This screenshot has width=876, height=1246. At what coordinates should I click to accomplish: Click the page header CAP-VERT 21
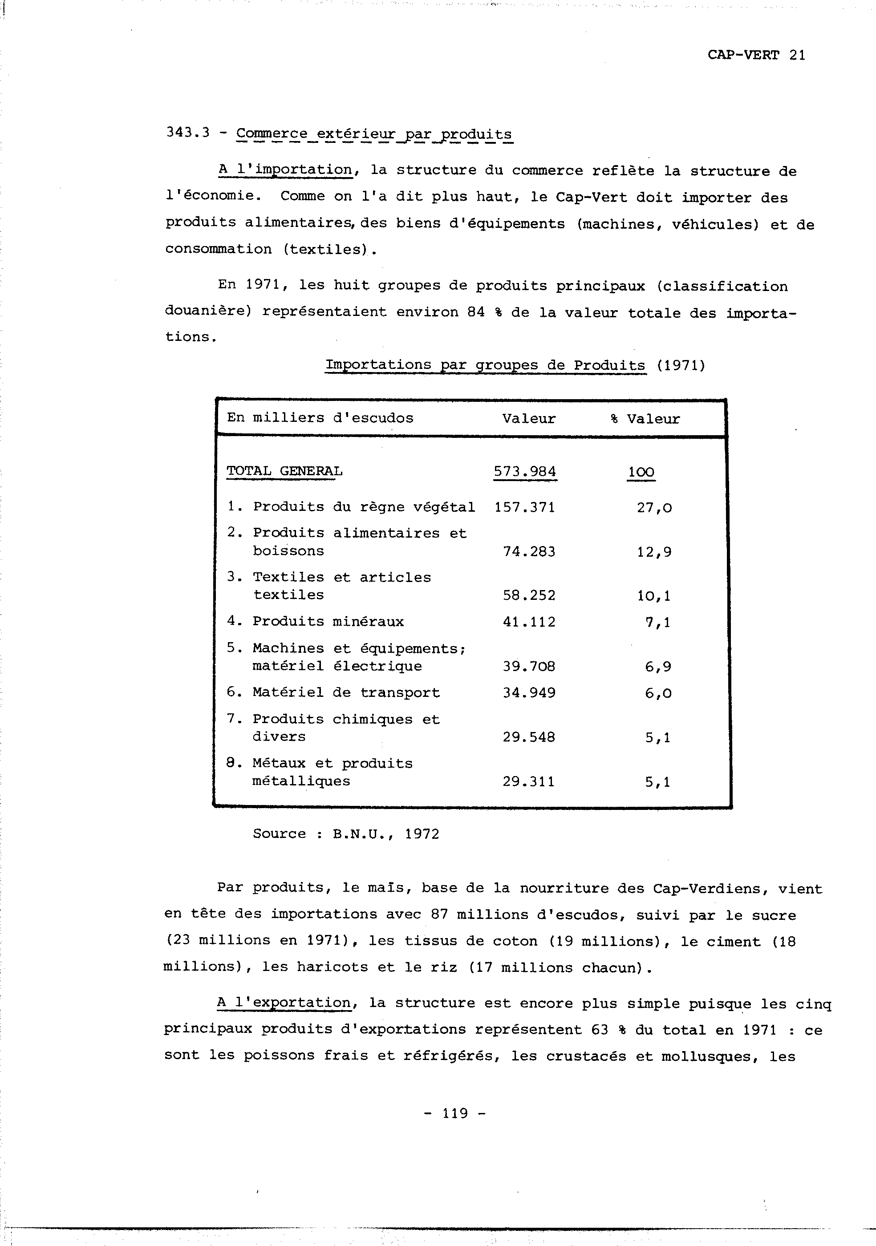point(756,55)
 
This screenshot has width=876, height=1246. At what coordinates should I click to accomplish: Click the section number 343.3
point(188,133)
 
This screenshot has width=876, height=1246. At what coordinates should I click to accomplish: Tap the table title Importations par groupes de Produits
point(485,365)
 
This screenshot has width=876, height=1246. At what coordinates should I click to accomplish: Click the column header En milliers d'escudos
point(320,418)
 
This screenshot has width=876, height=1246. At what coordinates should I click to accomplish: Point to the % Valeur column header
point(645,419)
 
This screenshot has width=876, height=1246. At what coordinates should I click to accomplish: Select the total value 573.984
point(525,472)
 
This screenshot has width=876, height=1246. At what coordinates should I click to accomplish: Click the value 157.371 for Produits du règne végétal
point(525,507)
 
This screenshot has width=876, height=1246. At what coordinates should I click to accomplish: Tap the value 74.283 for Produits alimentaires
point(529,552)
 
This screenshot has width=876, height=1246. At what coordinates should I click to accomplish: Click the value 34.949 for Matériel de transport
point(529,693)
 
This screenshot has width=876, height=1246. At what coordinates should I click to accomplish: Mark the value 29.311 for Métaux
point(529,782)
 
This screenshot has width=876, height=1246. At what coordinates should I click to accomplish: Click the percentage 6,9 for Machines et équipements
point(658,667)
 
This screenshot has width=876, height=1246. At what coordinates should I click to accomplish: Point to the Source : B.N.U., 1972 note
point(346,834)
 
